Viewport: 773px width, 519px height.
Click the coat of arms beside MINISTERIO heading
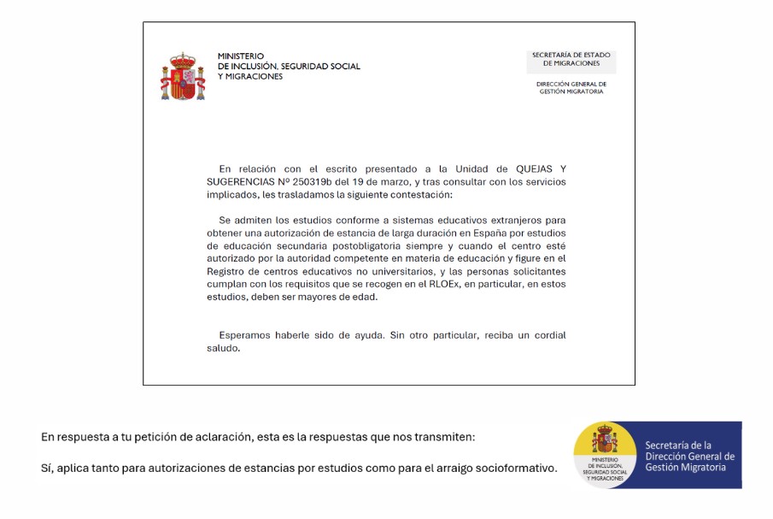click(183, 76)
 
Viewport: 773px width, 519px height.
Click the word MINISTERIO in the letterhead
click(241, 56)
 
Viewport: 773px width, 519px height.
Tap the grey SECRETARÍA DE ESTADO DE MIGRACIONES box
click(571, 59)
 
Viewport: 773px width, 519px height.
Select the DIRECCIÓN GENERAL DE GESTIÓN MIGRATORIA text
click(571, 87)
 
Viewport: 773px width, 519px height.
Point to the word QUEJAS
click(523, 168)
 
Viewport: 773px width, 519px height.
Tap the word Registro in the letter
click(226, 271)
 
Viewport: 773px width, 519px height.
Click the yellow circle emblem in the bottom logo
click(606, 453)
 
